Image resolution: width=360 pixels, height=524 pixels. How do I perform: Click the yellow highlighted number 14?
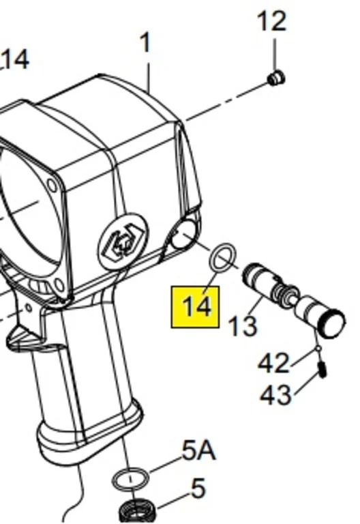pyautogui.click(x=196, y=307)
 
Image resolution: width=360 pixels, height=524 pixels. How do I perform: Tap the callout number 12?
pyautogui.click(x=272, y=21)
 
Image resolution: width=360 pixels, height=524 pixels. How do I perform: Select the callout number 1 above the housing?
pyautogui.click(x=146, y=43)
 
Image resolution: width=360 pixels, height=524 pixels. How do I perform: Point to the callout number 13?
pyautogui.click(x=243, y=325)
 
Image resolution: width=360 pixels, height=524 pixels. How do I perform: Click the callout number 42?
pyautogui.click(x=274, y=363)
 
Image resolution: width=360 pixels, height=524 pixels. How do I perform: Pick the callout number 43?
pyautogui.click(x=275, y=395)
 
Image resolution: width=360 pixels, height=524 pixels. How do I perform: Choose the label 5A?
pyautogui.click(x=199, y=451)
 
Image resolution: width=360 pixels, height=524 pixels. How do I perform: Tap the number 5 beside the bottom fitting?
pyautogui.click(x=198, y=488)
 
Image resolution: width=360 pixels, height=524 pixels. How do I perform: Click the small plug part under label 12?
pyautogui.click(x=277, y=78)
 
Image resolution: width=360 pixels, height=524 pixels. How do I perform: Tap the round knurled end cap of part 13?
pyautogui.click(x=333, y=323)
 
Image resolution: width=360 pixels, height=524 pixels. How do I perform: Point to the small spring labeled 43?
pyautogui.click(x=322, y=370)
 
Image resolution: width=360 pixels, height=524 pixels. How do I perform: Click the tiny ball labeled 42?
pyautogui.click(x=318, y=349)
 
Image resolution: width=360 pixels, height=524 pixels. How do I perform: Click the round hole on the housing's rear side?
pyautogui.click(x=183, y=235)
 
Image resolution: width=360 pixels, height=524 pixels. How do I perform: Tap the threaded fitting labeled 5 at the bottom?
pyautogui.click(x=137, y=511)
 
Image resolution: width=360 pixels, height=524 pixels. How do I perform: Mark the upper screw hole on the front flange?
pyautogui.click(x=52, y=186)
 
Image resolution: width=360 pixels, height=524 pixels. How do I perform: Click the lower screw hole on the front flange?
pyautogui.click(x=59, y=285)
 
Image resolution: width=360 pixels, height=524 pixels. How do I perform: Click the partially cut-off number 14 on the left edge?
pyautogui.click(x=15, y=60)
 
